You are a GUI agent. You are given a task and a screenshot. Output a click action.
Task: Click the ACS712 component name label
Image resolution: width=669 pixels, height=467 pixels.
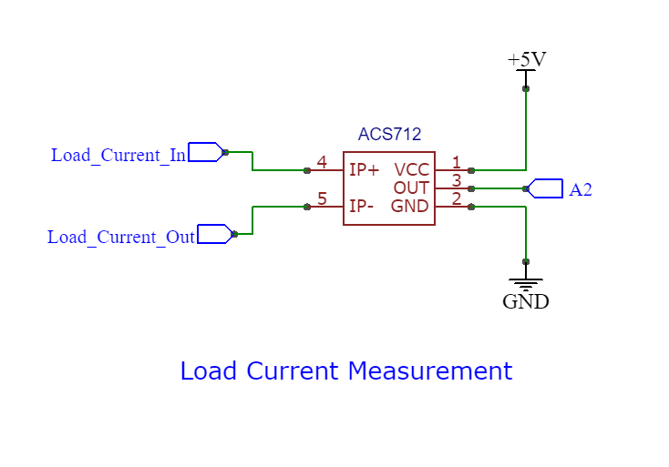(389, 135)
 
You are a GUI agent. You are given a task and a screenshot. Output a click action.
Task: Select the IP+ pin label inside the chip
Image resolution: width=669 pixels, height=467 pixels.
(365, 170)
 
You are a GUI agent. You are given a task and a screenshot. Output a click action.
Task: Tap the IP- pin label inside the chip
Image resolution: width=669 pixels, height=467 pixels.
(362, 207)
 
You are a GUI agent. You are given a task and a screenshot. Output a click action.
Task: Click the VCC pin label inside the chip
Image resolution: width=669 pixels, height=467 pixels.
(411, 170)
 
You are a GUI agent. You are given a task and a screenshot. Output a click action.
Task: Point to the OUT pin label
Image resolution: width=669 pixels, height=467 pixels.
(411, 188)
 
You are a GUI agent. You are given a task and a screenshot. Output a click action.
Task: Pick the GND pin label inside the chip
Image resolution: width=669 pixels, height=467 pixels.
(409, 207)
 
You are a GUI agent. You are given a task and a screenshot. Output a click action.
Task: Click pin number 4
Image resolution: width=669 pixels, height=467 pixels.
(322, 163)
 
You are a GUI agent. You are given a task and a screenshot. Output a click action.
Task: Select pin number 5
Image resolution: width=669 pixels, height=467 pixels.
(322, 199)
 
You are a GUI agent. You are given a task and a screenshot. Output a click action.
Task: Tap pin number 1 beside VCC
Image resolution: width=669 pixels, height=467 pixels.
(457, 163)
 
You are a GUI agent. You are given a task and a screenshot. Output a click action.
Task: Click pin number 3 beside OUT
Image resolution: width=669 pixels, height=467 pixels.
(457, 180)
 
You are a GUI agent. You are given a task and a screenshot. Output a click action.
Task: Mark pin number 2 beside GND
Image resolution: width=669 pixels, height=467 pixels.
(457, 198)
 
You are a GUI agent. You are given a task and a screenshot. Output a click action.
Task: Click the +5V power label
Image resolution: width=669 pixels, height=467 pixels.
(526, 60)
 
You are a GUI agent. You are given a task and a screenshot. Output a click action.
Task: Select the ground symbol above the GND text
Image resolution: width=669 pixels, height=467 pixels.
(526, 284)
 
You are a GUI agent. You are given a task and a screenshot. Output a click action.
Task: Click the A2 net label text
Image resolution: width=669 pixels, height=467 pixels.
(581, 190)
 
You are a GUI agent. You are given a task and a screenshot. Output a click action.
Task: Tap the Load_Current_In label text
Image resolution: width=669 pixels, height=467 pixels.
(118, 155)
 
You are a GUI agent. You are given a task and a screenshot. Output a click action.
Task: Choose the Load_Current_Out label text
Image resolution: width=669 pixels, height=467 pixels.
(121, 238)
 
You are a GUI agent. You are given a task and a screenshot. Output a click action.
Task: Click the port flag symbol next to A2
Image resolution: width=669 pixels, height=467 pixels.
(546, 188)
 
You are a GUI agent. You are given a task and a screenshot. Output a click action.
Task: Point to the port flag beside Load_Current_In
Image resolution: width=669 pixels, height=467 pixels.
(205, 152)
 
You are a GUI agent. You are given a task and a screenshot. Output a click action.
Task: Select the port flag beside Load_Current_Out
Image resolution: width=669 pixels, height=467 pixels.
(215, 234)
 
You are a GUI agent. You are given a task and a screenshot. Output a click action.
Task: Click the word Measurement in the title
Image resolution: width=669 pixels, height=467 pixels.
(433, 371)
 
